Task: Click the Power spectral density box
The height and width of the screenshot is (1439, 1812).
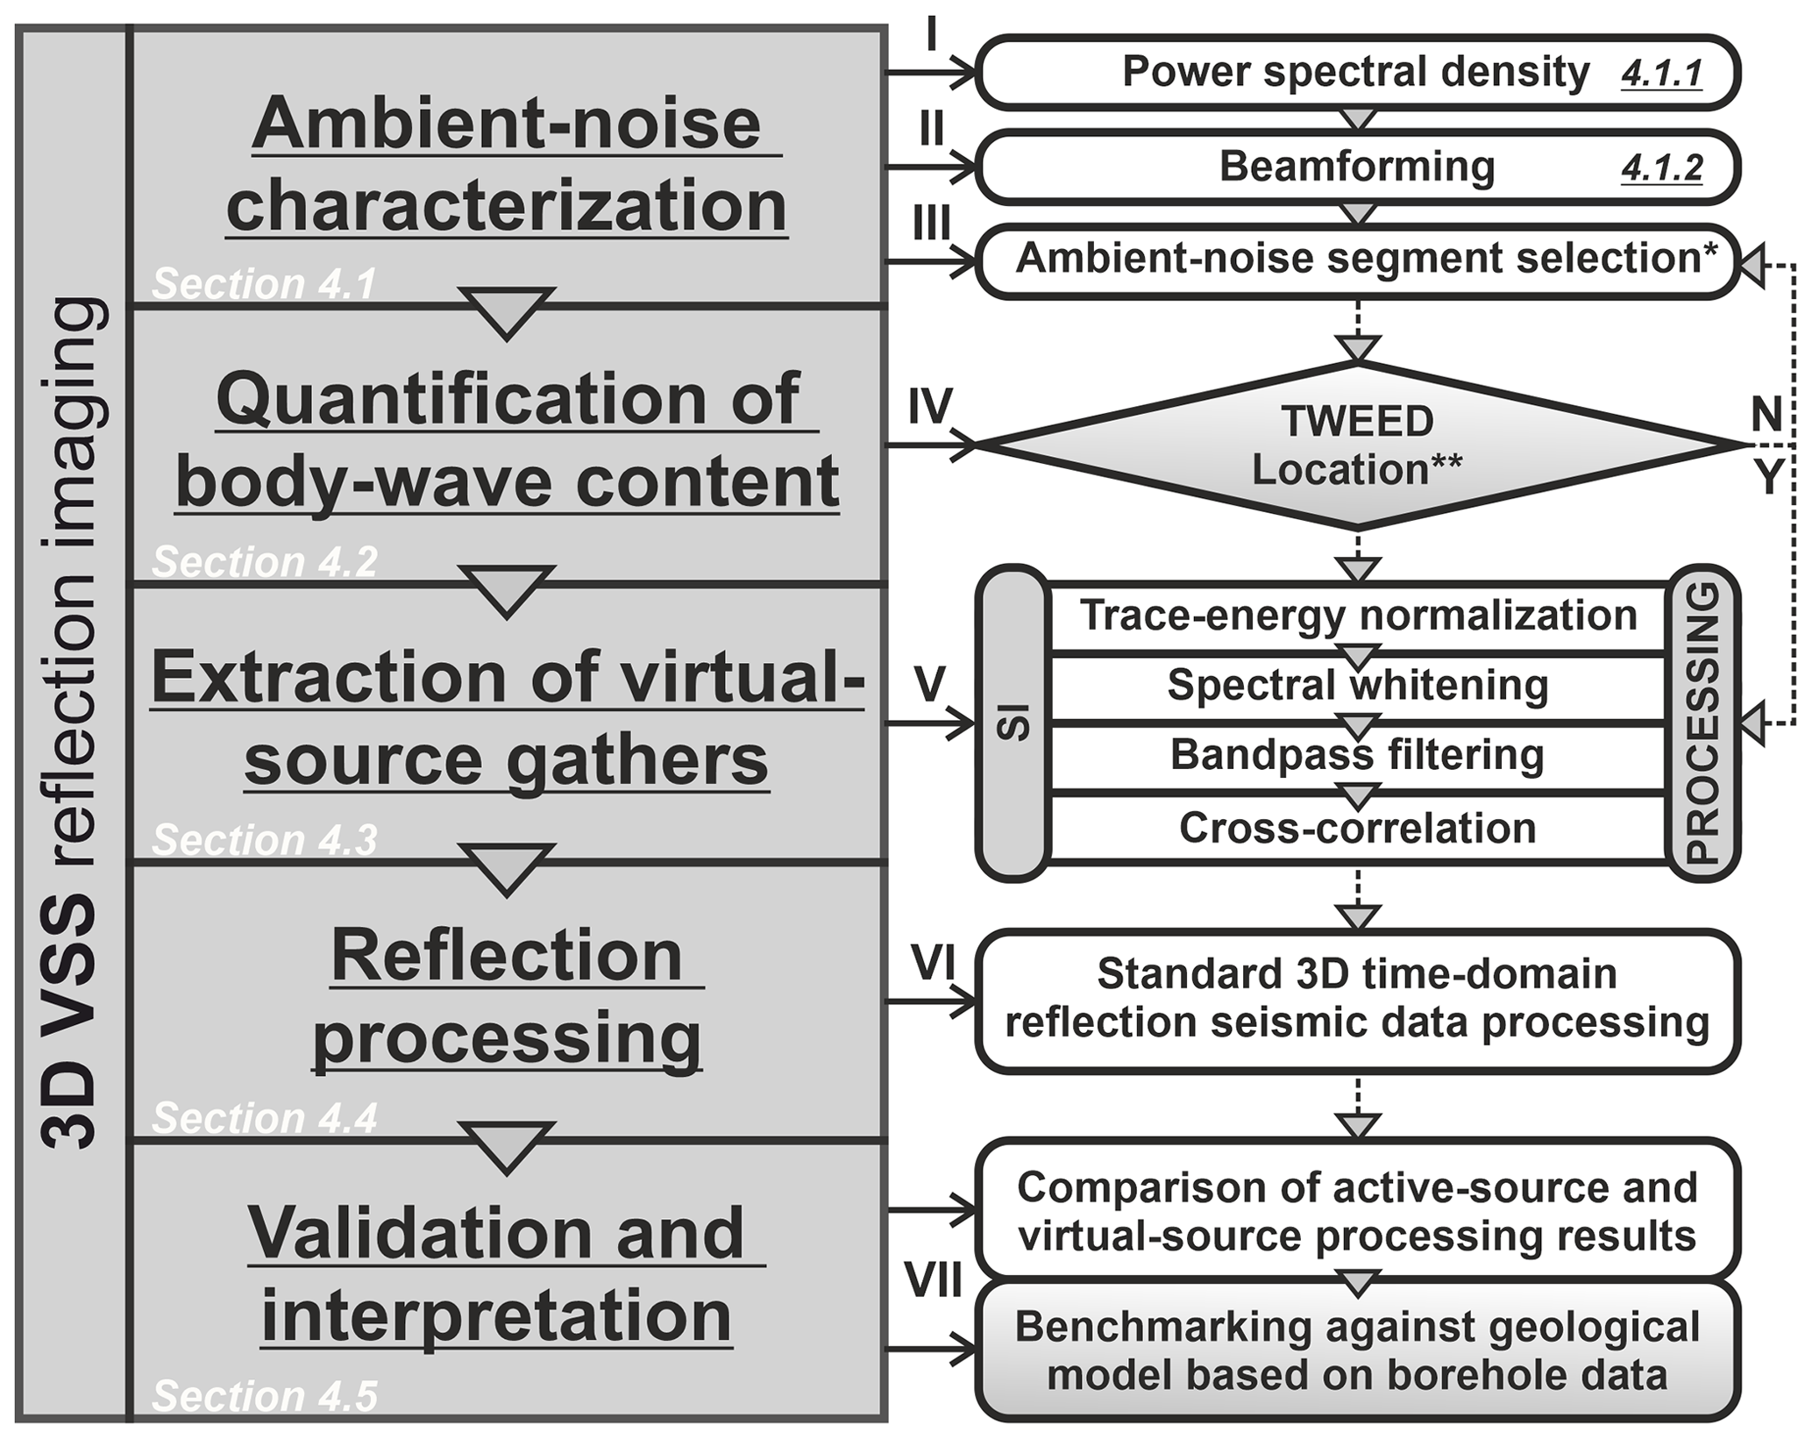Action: click(1357, 73)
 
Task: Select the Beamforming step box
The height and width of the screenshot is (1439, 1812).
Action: click(1357, 167)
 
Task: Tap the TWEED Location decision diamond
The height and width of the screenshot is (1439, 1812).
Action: click(1357, 445)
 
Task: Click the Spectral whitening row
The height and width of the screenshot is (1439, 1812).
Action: click(1357, 685)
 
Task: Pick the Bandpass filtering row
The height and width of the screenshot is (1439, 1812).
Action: click(1357, 755)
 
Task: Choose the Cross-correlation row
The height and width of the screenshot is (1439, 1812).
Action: click(1357, 828)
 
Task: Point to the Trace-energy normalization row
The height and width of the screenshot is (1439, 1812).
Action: click(1357, 616)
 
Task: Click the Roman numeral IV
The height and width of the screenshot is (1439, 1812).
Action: click(929, 407)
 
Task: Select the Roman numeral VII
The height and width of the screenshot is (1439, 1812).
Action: click(934, 1282)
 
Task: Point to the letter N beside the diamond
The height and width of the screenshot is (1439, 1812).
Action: click(1766, 414)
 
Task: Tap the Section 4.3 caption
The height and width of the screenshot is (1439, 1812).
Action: click(265, 840)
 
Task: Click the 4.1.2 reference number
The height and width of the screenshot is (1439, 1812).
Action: click(1661, 167)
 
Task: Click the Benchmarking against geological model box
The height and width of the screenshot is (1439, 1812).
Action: click(1357, 1351)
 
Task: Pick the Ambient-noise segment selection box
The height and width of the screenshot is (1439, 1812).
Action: click(1357, 260)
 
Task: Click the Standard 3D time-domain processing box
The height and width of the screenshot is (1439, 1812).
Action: click(1357, 999)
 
